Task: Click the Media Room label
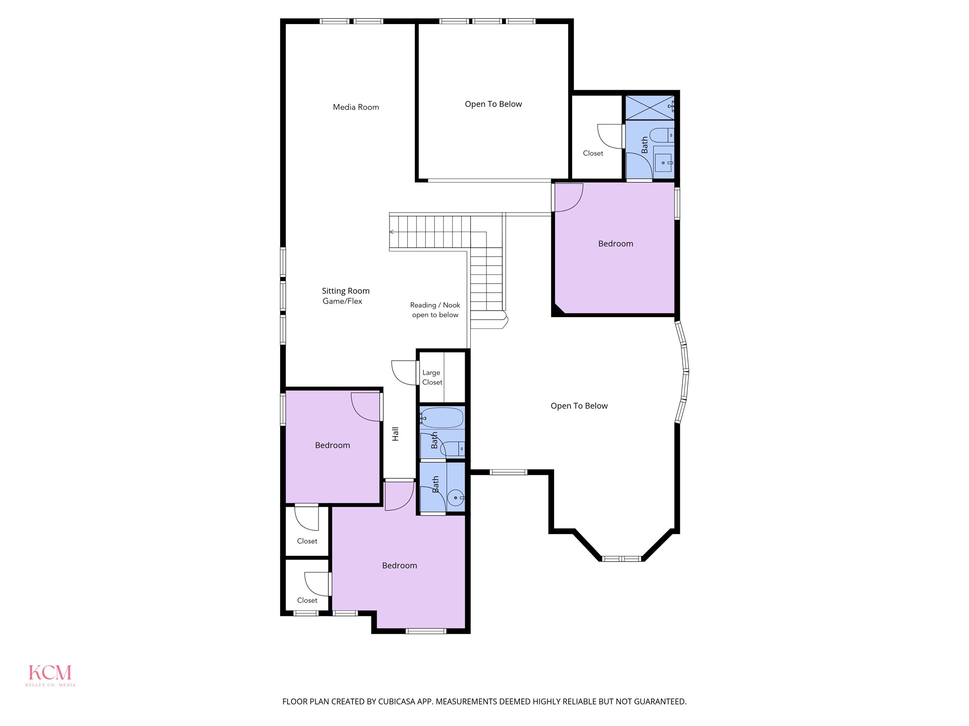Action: click(356, 107)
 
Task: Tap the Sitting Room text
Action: click(345, 291)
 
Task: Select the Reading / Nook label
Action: click(435, 305)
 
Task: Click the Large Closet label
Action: click(432, 378)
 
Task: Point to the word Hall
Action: click(396, 434)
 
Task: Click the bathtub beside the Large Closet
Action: click(442, 418)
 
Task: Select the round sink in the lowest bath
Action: click(455, 498)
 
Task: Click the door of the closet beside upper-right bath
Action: click(609, 136)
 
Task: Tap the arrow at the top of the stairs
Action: click(392, 232)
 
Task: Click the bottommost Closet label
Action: click(307, 600)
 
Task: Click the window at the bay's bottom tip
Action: click(621, 559)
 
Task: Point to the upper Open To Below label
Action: click(493, 104)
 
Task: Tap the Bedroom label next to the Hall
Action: click(332, 445)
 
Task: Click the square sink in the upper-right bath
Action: click(663, 162)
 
